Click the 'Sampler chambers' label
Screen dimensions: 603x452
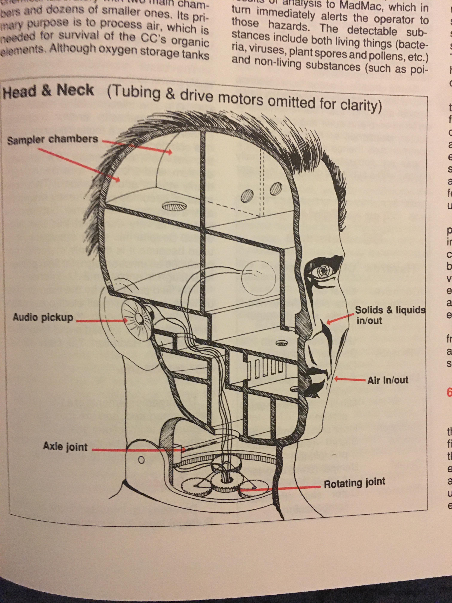click(x=52, y=140)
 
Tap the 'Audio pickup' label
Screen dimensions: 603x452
click(x=43, y=318)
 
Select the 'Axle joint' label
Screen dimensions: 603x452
click(x=65, y=447)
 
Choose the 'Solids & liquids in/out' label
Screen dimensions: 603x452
click(x=390, y=315)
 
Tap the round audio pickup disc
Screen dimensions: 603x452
click(x=137, y=318)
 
